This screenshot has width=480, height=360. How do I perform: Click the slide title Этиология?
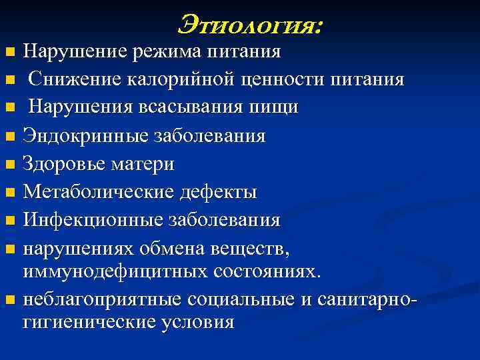tap(250, 25)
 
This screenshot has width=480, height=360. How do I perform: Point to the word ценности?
tap(281, 80)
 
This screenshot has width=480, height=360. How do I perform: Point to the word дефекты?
tap(217, 192)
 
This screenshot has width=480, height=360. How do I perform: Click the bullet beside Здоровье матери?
tap(9, 165)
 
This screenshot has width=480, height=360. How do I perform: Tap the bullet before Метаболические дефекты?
tap(9, 193)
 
